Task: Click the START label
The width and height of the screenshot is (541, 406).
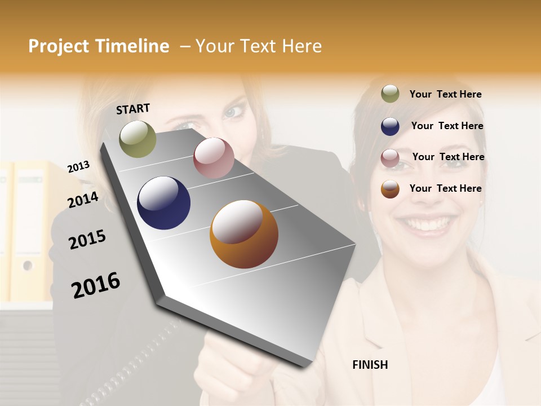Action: click(x=133, y=109)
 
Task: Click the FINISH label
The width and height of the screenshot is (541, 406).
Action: click(x=370, y=365)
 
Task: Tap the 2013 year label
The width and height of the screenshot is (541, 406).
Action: click(x=78, y=166)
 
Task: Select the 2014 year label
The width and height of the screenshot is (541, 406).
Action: click(x=83, y=200)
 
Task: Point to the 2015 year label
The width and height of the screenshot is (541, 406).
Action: click(x=87, y=240)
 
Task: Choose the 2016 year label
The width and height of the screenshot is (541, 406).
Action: click(x=96, y=285)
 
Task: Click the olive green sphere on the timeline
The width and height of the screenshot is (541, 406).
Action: click(x=138, y=139)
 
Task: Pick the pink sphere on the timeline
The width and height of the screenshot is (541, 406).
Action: click(x=214, y=158)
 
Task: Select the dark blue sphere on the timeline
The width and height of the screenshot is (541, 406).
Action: click(x=163, y=203)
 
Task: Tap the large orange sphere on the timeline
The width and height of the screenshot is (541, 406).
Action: click(x=244, y=234)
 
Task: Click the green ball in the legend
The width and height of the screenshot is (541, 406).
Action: click(x=390, y=94)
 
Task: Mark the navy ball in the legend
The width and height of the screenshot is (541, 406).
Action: click(x=390, y=126)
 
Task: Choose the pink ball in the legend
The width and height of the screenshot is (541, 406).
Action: click(x=390, y=157)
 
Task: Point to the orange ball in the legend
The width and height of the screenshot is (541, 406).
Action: click(x=390, y=189)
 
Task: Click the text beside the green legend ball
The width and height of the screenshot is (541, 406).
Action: click(x=445, y=94)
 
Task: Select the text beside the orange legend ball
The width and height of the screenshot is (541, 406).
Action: click(x=445, y=188)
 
